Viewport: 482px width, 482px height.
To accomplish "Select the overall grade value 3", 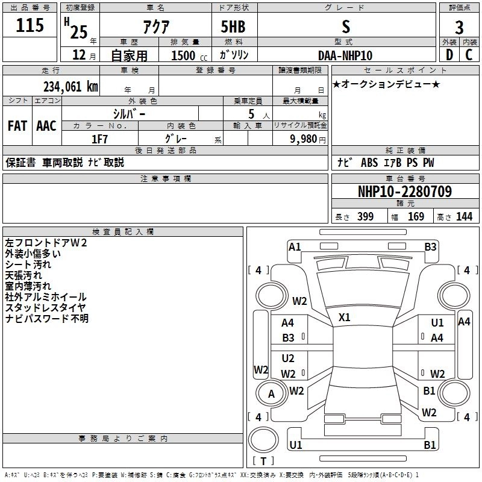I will coord(459,27).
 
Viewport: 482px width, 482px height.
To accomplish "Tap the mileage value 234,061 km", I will coord(70,86).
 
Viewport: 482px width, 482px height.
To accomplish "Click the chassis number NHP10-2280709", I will coord(404,192).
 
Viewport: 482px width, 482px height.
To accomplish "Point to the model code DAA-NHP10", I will coord(345,55).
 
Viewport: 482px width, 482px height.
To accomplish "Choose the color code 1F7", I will coord(99,139).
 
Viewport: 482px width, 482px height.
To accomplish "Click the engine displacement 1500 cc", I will coord(184,55).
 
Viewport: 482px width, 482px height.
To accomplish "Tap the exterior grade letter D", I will coord(449,55).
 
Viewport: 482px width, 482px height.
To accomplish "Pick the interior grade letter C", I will coord(469,55).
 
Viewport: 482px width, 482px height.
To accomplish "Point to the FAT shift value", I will coord(17,126).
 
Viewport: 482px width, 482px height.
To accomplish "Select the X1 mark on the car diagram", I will coord(345,317).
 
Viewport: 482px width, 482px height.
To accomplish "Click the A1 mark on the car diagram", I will coord(295,246).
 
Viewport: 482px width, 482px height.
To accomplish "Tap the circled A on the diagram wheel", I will coord(271,394).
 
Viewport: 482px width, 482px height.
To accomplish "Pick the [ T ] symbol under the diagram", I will coord(263,462).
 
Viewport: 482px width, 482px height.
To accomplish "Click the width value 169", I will coord(416,217).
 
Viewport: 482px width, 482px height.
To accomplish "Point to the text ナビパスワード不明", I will coord(47,318).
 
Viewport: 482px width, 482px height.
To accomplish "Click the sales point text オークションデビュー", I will coord(386,84).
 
